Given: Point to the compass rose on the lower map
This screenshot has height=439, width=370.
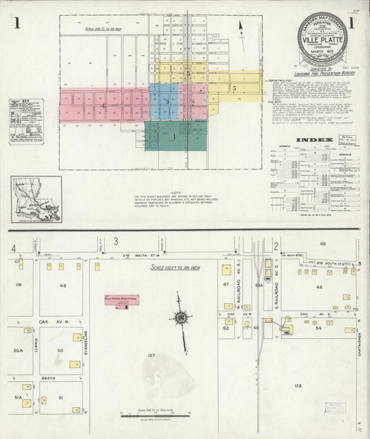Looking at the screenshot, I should (180, 318).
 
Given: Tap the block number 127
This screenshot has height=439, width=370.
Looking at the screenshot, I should (151, 355).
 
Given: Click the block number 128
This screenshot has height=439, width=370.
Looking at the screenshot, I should (298, 385).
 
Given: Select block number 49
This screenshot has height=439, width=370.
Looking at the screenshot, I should (62, 285).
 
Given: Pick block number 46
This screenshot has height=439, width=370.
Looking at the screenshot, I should (319, 286).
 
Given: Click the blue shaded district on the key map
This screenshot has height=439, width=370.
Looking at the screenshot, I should (164, 101).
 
